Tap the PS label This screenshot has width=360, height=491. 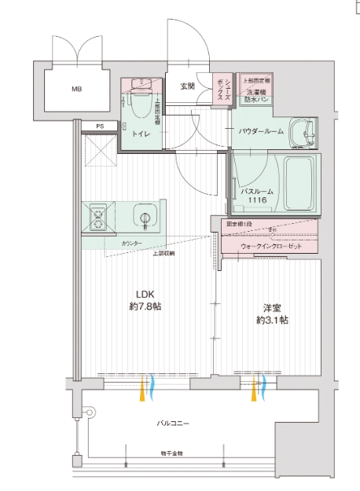pyautogui.click(x=99, y=126)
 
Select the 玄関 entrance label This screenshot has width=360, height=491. pyautogui.click(x=187, y=86)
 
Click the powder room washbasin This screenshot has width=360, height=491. pyautogui.click(x=300, y=133)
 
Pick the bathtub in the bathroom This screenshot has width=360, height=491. pyautogui.click(x=298, y=181)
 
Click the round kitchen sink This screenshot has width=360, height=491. pyautogui.click(x=144, y=218)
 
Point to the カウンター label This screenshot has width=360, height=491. pyautogui.click(x=132, y=245)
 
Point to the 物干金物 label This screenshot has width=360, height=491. pyautogui.click(x=172, y=453)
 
